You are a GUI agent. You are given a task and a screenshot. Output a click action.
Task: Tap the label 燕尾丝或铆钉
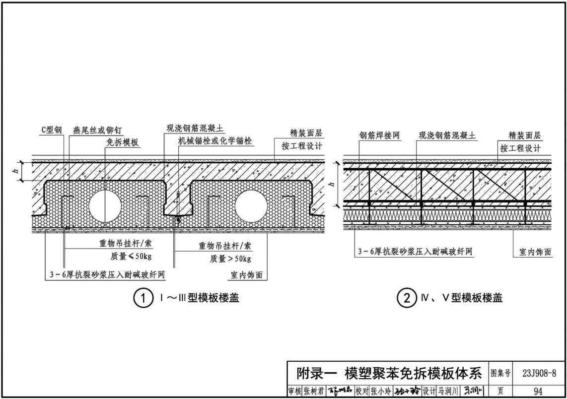pyautogui.click(x=97, y=130)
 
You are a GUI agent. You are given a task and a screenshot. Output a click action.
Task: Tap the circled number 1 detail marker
pyautogui.click(x=142, y=299)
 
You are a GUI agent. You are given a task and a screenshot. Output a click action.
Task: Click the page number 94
pyautogui.click(x=538, y=391)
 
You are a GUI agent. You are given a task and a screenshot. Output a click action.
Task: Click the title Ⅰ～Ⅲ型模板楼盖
pyautogui.click(x=200, y=298)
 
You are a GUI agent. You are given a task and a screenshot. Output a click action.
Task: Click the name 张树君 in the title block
pyautogui.click(x=315, y=391)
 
